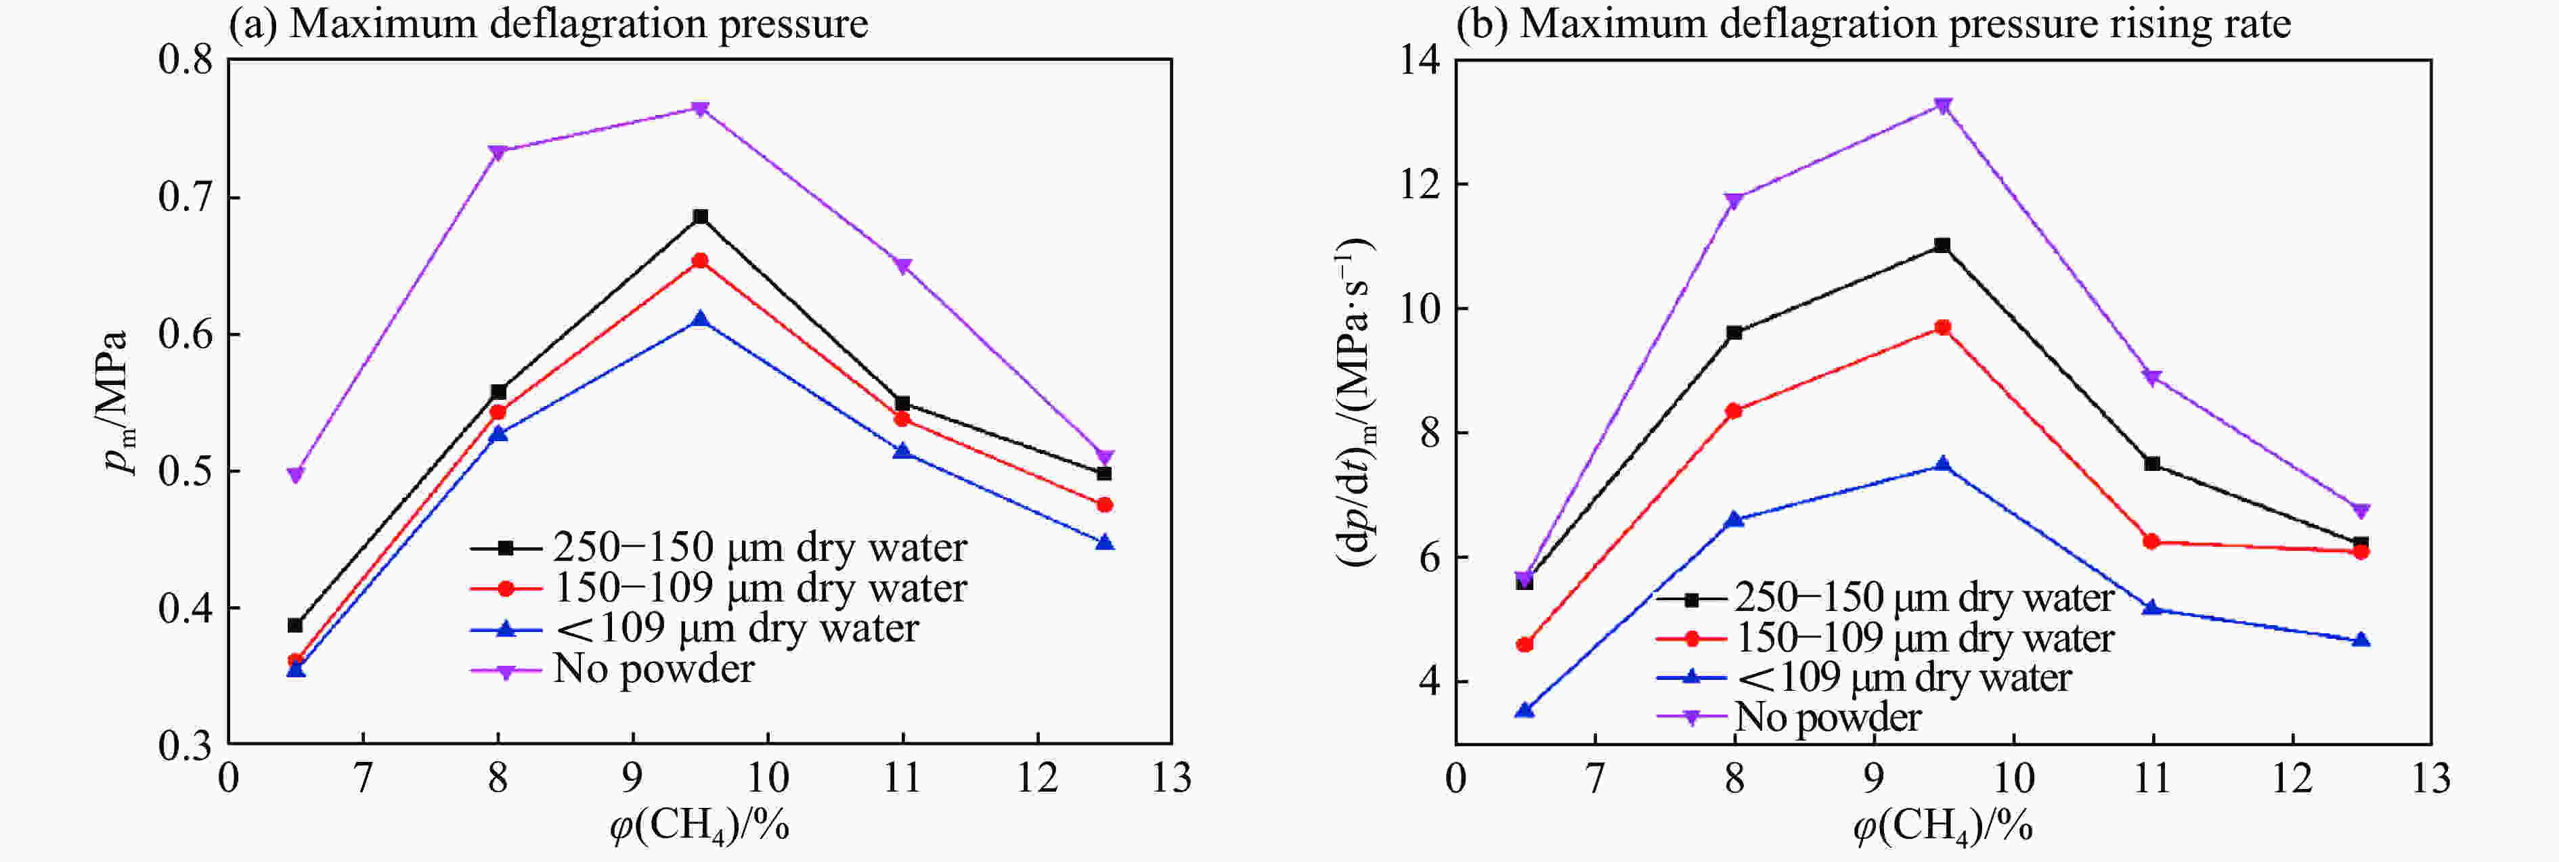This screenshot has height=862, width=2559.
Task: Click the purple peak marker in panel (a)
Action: coord(701,108)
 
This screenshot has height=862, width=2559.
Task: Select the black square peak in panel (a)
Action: coord(701,217)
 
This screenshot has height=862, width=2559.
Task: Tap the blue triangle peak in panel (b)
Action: coord(1942,465)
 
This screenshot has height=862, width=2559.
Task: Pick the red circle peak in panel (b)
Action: coord(1942,327)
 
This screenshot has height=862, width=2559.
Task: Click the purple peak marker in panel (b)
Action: coord(1942,106)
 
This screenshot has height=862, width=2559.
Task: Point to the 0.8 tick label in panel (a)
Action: coord(185,60)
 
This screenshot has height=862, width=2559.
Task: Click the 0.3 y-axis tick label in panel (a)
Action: coord(185,746)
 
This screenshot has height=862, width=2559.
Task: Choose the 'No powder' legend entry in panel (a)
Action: coord(654,669)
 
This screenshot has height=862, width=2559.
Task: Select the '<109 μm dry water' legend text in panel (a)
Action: coord(736,629)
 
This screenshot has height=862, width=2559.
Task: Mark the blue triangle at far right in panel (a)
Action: coord(1105,542)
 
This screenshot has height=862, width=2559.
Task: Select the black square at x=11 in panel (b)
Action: coord(2151,463)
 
